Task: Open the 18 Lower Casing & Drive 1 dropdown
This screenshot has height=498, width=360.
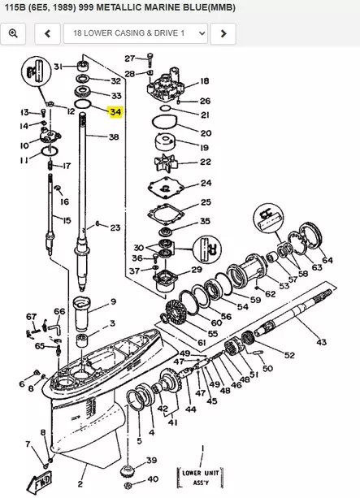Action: [x=135, y=33]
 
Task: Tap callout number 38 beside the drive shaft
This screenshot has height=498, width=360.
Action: [x=114, y=137]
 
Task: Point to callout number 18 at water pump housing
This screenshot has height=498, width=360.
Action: [x=204, y=81]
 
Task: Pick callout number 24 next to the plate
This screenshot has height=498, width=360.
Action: [x=206, y=183]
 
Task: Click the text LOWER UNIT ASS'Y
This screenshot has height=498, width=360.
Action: [x=200, y=475]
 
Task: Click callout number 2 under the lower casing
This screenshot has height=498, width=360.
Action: [x=80, y=472]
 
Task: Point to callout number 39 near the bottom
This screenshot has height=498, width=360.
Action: [x=151, y=461]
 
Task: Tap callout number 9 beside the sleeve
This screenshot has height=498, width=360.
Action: [x=113, y=301]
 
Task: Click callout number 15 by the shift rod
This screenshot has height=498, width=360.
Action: [x=67, y=220]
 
